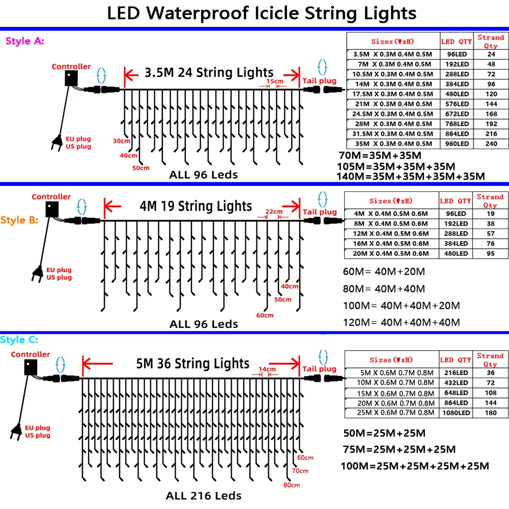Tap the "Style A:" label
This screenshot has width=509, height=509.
tap(24, 41)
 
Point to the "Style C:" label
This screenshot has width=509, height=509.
tap(19, 340)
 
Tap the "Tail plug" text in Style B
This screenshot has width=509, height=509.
tap(319, 212)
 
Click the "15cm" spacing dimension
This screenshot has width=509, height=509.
tap(274, 81)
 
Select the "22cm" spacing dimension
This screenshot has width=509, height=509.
tap(273, 211)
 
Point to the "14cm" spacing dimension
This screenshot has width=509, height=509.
tap(267, 369)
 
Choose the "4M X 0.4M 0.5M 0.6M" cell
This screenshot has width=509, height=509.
tap(391, 213)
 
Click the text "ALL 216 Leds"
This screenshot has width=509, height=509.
tap(204, 495)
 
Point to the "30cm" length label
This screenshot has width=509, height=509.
tap(122, 140)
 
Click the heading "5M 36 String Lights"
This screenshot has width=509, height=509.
tap(193, 363)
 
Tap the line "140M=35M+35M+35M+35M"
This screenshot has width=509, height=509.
tap(411, 176)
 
